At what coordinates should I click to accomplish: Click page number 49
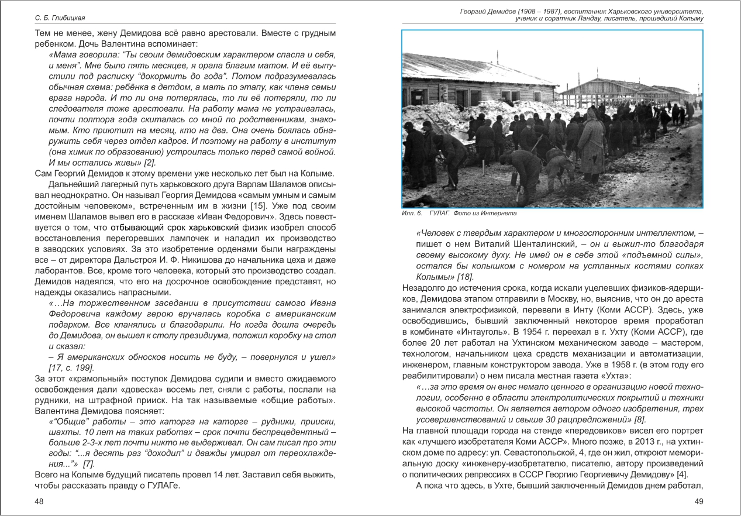coord(698,501)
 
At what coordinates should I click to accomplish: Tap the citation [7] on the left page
coord(89,464)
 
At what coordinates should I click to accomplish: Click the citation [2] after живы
coord(149,162)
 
